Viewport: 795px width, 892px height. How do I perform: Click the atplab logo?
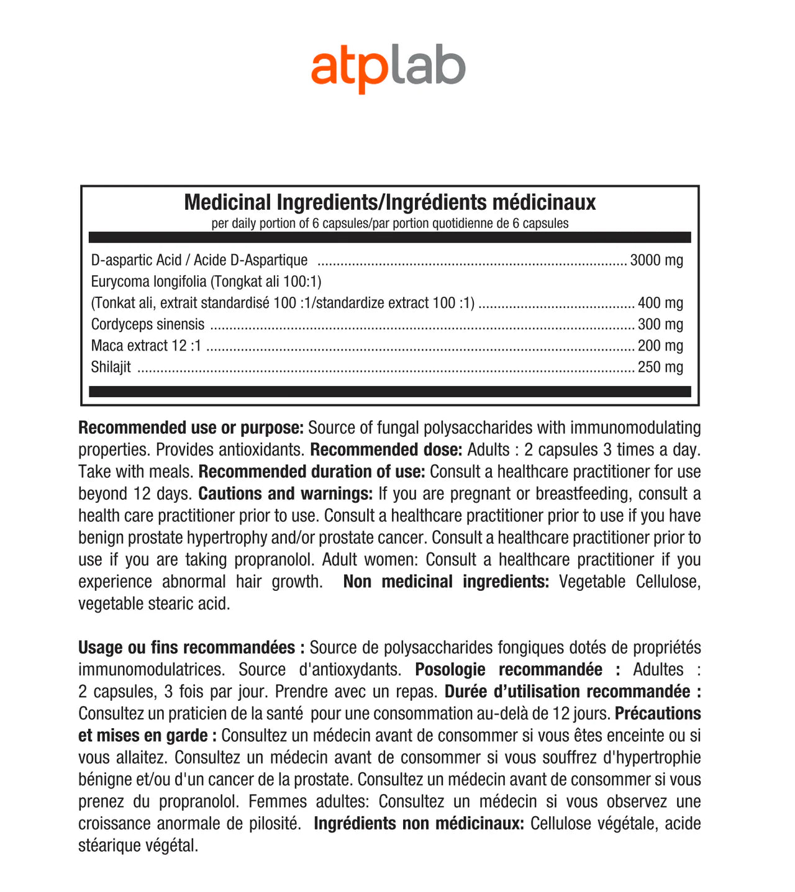pos(388,69)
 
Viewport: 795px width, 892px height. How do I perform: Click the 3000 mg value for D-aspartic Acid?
pos(656,260)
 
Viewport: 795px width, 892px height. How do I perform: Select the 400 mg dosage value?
pos(660,303)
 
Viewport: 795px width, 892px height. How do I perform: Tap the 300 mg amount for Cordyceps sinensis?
pos(660,324)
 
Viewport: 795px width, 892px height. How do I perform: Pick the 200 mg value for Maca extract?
pos(660,346)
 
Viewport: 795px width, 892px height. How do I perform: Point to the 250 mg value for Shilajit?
pos(660,367)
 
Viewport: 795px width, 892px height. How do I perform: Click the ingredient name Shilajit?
pos(111,367)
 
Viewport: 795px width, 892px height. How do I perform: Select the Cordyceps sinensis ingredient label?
pos(147,324)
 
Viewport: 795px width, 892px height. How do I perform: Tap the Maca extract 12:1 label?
pos(146,346)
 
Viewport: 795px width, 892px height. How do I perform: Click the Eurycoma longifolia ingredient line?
pos(206,282)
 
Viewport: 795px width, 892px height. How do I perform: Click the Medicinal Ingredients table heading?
pos(389,202)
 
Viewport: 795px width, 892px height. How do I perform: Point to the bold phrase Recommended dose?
pos(386,449)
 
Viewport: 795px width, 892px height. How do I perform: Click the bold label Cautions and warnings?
pos(285,493)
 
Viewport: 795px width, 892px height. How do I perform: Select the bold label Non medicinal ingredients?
pos(446,582)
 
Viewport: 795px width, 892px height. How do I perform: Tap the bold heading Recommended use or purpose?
pos(191,428)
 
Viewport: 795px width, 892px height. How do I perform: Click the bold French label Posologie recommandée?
pos(508,670)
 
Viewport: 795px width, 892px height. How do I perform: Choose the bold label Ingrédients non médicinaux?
pos(419,824)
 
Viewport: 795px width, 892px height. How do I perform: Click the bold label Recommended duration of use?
pos(312,472)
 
